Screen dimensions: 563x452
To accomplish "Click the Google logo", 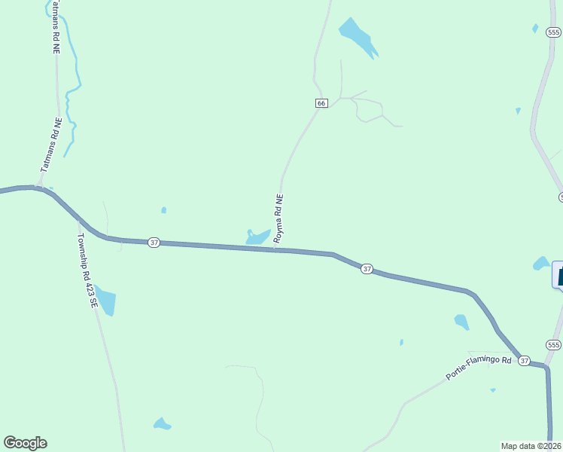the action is tap(25, 443).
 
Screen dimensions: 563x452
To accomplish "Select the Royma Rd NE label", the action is tap(278, 218).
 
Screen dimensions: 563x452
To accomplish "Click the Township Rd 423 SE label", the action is tap(88, 270).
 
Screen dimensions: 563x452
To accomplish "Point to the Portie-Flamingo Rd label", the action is tap(479, 368).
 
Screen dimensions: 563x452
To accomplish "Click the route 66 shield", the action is tap(321, 102).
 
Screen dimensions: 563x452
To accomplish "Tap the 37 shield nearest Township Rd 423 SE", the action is tap(154, 242).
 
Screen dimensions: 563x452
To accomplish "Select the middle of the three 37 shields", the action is tap(367, 268).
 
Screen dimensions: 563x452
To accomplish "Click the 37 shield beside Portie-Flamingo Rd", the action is tap(525, 361).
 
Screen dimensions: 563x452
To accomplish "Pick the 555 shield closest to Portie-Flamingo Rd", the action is tap(554, 345).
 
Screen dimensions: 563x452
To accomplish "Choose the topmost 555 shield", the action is tap(554, 32).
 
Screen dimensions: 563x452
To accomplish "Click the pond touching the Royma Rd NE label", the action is tap(257, 237).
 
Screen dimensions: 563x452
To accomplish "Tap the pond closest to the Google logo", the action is tap(162, 424).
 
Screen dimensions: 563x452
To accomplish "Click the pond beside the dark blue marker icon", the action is tap(541, 264).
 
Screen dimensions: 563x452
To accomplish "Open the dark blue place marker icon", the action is tap(560, 274).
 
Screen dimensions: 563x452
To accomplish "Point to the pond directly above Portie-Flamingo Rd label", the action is tap(461, 322).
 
